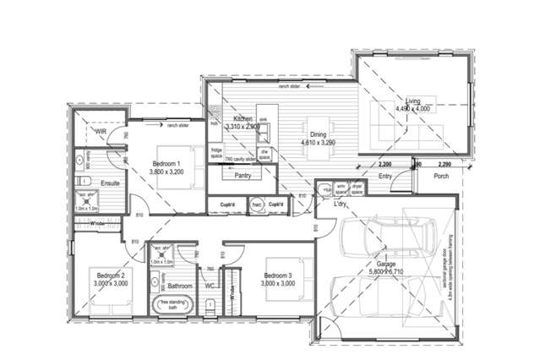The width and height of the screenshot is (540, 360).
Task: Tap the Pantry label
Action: coord(243,176)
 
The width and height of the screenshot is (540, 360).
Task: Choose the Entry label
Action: coord(385,177)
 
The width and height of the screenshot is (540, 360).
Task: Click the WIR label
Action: coord(100,133)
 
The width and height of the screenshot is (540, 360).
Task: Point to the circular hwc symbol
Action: coord(256,205)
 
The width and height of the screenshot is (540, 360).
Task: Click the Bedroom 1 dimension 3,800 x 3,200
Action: coord(167,172)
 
